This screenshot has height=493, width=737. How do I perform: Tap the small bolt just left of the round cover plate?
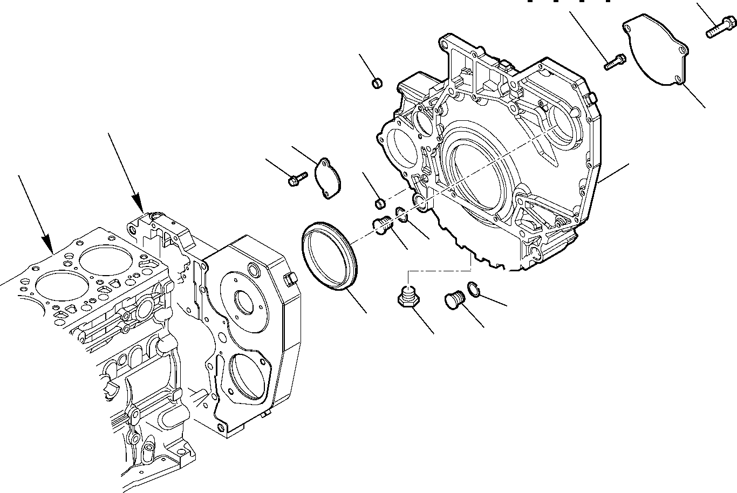tap(614, 61)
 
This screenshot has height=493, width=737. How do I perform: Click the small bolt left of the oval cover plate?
tap(297, 179)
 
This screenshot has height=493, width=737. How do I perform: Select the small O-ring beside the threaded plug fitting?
tap(402, 214)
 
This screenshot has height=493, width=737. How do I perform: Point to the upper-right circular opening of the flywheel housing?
tap(564, 127)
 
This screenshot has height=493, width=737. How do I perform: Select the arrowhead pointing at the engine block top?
tap(139, 206)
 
